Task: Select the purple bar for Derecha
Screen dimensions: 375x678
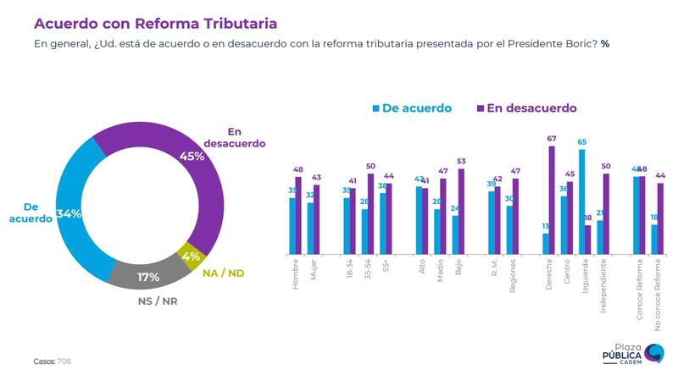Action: (552, 200)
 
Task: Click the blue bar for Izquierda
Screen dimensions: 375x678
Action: (581, 201)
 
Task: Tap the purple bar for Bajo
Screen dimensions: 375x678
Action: (462, 212)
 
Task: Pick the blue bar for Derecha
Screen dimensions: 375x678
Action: (546, 244)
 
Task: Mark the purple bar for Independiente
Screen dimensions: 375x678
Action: (606, 214)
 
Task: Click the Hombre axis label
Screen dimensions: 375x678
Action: (296, 275)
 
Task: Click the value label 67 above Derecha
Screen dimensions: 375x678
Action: (551, 139)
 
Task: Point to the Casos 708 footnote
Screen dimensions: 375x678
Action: (53, 361)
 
